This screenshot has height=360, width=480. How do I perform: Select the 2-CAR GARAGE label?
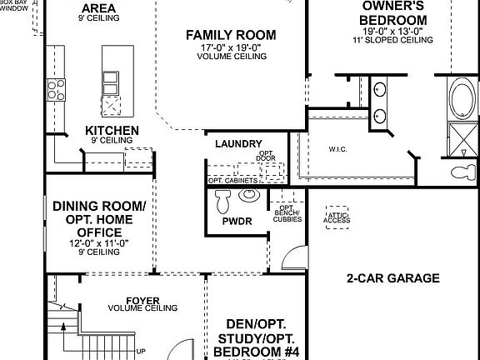[392, 278]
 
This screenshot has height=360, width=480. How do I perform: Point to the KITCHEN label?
[112, 130]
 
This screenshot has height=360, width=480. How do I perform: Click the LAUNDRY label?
[238, 143]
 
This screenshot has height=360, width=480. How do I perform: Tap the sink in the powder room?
[249, 195]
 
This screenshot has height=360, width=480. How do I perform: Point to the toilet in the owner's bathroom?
[460, 172]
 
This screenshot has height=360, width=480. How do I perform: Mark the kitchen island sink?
[110, 80]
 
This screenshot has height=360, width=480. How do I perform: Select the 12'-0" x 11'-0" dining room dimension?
[99, 242]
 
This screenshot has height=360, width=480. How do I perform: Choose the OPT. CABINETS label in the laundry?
[232, 179]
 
